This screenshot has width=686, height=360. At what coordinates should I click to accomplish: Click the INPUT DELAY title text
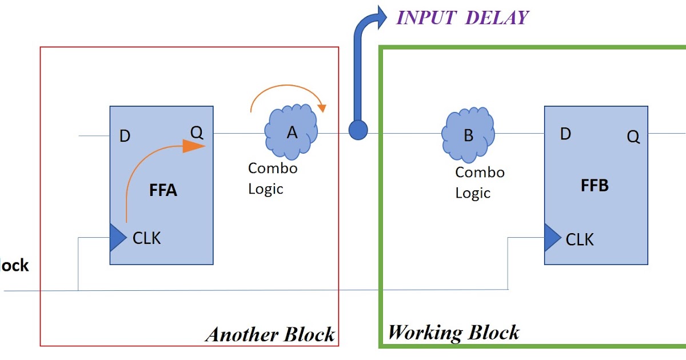pos(462,17)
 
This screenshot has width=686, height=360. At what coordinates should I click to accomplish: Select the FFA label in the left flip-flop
pos(163,190)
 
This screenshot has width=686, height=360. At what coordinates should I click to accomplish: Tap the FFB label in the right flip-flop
pos(595,186)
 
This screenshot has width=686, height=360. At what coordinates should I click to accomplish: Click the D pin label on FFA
pos(124,137)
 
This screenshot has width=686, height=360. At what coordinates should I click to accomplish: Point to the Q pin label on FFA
pos(197,133)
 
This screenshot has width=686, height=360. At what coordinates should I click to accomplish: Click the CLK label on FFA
pos(146,238)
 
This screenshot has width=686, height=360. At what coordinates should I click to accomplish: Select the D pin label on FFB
pos(565,134)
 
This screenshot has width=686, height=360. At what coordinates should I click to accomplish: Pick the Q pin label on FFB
pos(633,137)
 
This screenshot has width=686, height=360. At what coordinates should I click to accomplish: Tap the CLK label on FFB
pos(580,239)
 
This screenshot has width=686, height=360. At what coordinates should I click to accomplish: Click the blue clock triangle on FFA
pos(117,238)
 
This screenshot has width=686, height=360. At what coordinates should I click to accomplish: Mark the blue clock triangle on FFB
pos(552,237)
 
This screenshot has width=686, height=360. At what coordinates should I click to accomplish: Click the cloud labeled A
pos(292,133)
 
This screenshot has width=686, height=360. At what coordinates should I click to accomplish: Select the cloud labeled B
pos(468,135)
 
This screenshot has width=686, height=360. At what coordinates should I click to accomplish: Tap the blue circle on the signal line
pos(358,130)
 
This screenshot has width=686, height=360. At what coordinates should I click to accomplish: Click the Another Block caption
pos(270,334)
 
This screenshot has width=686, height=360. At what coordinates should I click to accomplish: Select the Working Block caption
pos(454,332)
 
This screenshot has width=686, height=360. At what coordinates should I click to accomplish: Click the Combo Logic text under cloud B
pos(479,182)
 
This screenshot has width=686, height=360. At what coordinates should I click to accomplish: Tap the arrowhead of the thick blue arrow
pos(379,16)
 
